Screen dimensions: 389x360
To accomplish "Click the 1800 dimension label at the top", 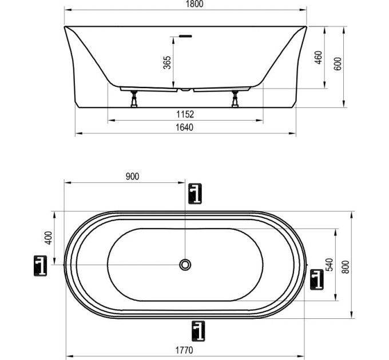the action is tap(194, 4).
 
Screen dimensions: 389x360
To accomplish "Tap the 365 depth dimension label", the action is tap(167, 62).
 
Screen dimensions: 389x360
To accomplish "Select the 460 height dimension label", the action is tap(319, 58).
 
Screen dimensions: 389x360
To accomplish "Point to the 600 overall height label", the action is tap(338, 64).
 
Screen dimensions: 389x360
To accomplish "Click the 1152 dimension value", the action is tap(185, 114).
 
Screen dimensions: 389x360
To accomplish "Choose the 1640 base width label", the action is tap(184, 127).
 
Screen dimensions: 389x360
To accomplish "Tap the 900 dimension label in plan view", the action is tap(133, 177).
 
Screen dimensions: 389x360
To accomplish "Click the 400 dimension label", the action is tap(49, 238).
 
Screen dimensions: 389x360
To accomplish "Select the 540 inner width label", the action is tap(329, 265).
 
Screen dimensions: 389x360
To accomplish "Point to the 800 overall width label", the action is tap(346, 267).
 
